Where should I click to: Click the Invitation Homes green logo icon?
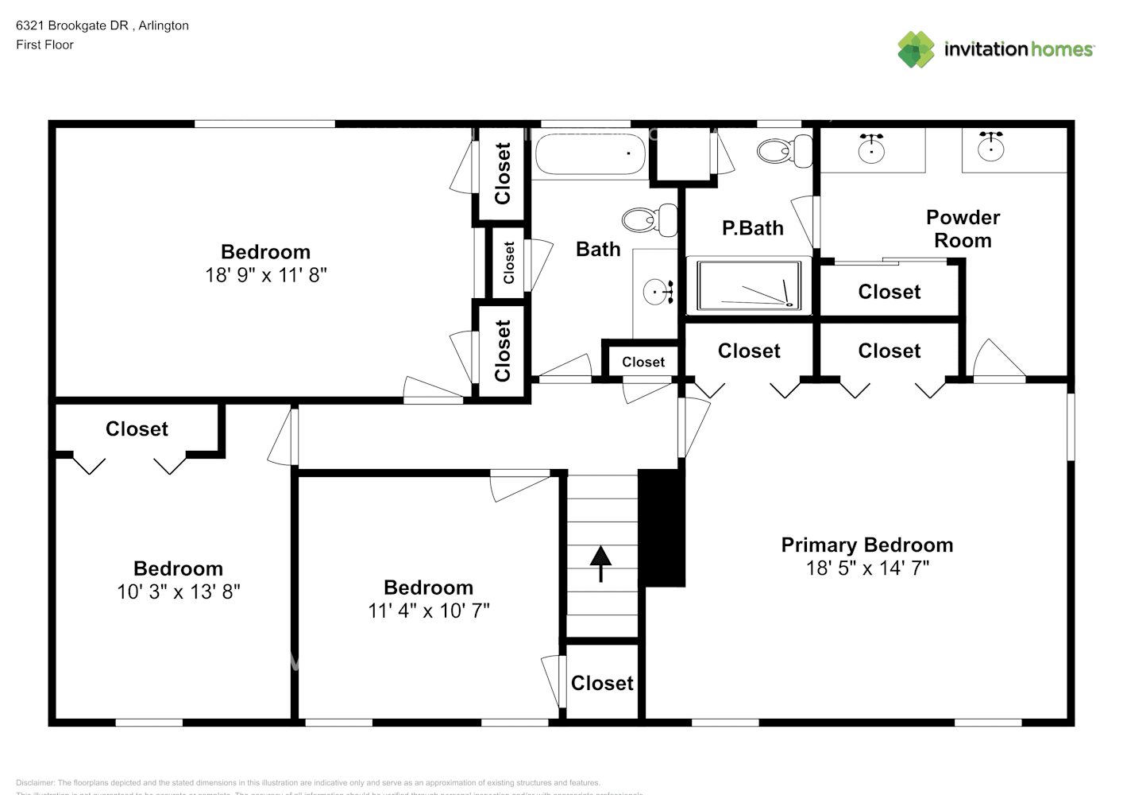pos(916,49)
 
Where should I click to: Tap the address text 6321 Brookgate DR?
pos(72,25)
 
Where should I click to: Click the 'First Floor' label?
pos(44,45)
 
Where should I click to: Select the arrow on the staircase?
pos(600,563)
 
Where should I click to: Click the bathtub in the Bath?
pos(591,154)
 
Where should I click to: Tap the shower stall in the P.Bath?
pos(749,285)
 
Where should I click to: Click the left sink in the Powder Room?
pos(871,149)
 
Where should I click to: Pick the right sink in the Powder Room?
pos(990,147)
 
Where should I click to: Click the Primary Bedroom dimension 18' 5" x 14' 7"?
pos(867,568)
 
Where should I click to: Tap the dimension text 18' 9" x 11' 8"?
pos(266,275)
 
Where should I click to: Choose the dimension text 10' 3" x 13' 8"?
pos(179,591)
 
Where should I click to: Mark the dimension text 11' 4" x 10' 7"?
pos(429,611)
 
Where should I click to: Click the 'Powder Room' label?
pos(963,229)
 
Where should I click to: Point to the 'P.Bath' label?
pos(752,228)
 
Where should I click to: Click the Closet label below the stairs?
pos(602,683)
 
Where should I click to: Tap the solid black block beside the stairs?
pos(662,528)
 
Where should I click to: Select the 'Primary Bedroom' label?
pos(867,545)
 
